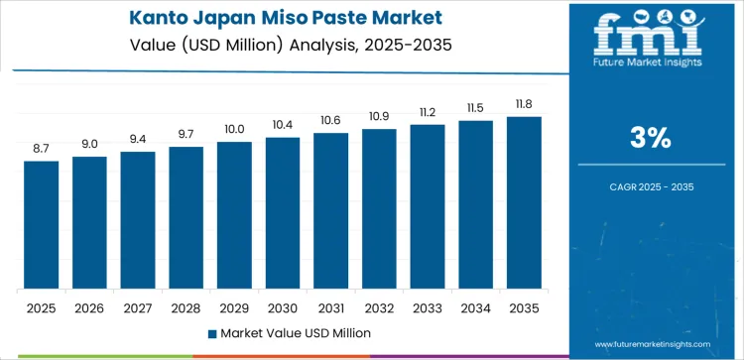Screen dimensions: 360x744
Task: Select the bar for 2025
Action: click(42, 224)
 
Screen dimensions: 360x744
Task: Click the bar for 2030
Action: click(283, 213)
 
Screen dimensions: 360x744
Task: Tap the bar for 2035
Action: click(524, 202)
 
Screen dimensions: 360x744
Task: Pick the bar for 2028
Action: click(186, 217)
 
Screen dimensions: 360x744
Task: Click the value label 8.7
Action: click(42, 148)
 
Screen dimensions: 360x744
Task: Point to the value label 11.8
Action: click(524, 103)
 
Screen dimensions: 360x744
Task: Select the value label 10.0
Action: click(234, 129)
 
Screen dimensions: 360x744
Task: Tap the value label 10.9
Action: click(379, 116)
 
